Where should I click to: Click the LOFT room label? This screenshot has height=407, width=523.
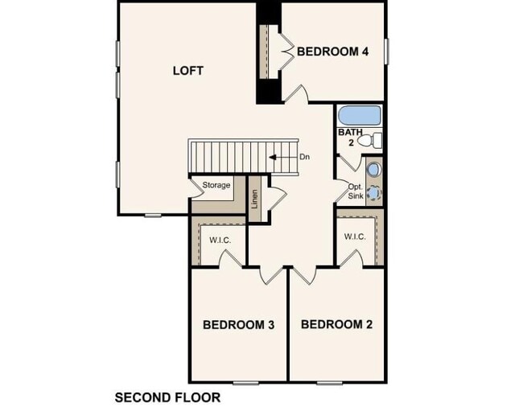188,70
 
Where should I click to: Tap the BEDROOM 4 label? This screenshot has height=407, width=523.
332,51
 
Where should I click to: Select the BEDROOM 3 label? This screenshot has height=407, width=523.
239,325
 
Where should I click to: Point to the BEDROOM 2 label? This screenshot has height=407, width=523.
337,325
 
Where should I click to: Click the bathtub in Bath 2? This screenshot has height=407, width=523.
360,115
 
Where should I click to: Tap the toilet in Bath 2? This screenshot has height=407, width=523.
372,142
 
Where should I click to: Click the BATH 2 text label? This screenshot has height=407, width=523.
351,137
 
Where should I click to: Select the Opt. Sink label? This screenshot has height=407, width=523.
356,191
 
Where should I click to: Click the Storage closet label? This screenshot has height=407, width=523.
216,186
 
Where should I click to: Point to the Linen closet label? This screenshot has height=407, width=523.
255,199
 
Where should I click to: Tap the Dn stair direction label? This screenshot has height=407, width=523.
304,157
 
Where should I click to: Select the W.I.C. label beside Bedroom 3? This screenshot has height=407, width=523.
220,240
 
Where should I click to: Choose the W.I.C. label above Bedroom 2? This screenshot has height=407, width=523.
355,236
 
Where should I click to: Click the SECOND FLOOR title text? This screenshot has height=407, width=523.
167,397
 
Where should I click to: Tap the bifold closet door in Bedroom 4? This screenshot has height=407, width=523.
284,54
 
